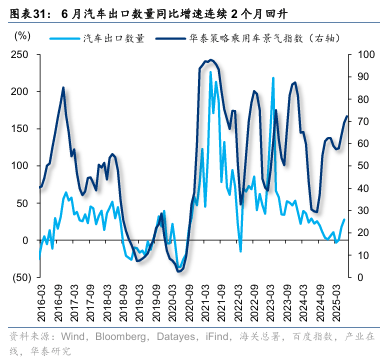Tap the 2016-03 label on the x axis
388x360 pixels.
point(40,302)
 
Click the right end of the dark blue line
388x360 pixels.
point(347,117)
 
